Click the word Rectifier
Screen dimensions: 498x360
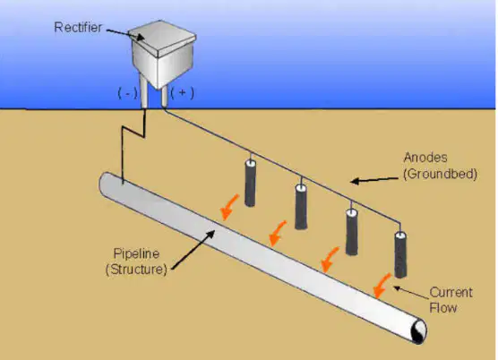pyautogui.click(x=78, y=27)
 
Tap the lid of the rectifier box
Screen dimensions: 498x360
pyautogui.click(x=162, y=38)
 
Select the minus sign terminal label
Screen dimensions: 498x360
pyautogui.click(x=127, y=93)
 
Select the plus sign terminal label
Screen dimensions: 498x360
pyautogui.click(x=183, y=93)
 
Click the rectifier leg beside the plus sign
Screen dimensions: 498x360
pyautogui.click(x=164, y=96)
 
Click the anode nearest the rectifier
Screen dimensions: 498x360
pyautogui.click(x=250, y=184)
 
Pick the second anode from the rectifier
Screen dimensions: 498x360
pyautogui.click(x=301, y=207)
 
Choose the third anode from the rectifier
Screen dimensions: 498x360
pyautogui.click(x=352, y=232)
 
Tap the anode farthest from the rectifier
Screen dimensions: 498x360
pyautogui.click(x=400, y=255)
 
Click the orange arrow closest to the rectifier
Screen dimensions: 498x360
pyautogui.click(x=229, y=207)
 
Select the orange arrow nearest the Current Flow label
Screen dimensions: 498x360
pyautogui.click(x=382, y=286)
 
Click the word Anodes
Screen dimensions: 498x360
pyautogui.click(x=425, y=158)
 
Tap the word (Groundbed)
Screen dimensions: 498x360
pyautogui.click(x=440, y=174)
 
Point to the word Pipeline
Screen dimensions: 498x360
pyautogui.click(x=136, y=253)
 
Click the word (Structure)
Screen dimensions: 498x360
pyautogui.click(x=136, y=270)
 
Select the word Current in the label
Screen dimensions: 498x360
pyautogui.click(x=451, y=292)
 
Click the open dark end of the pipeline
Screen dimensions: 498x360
pyautogui.click(x=419, y=331)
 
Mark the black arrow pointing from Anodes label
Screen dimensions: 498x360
pyautogui.click(x=374, y=180)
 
